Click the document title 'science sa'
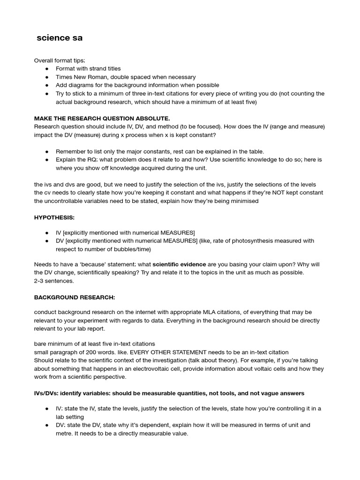click(x=60, y=38)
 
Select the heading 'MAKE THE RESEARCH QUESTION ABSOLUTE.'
click(x=102, y=118)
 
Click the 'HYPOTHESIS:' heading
click(x=54, y=218)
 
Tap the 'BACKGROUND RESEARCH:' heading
click(x=75, y=297)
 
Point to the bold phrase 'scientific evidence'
click(x=179, y=264)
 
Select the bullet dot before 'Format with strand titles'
click(x=47, y=69)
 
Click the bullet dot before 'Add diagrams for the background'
click(x=47, y=85)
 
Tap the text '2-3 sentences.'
click(x=54, y=281)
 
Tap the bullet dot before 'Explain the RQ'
click(x=47, y=160)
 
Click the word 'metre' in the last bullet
click(x=65, y=434)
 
